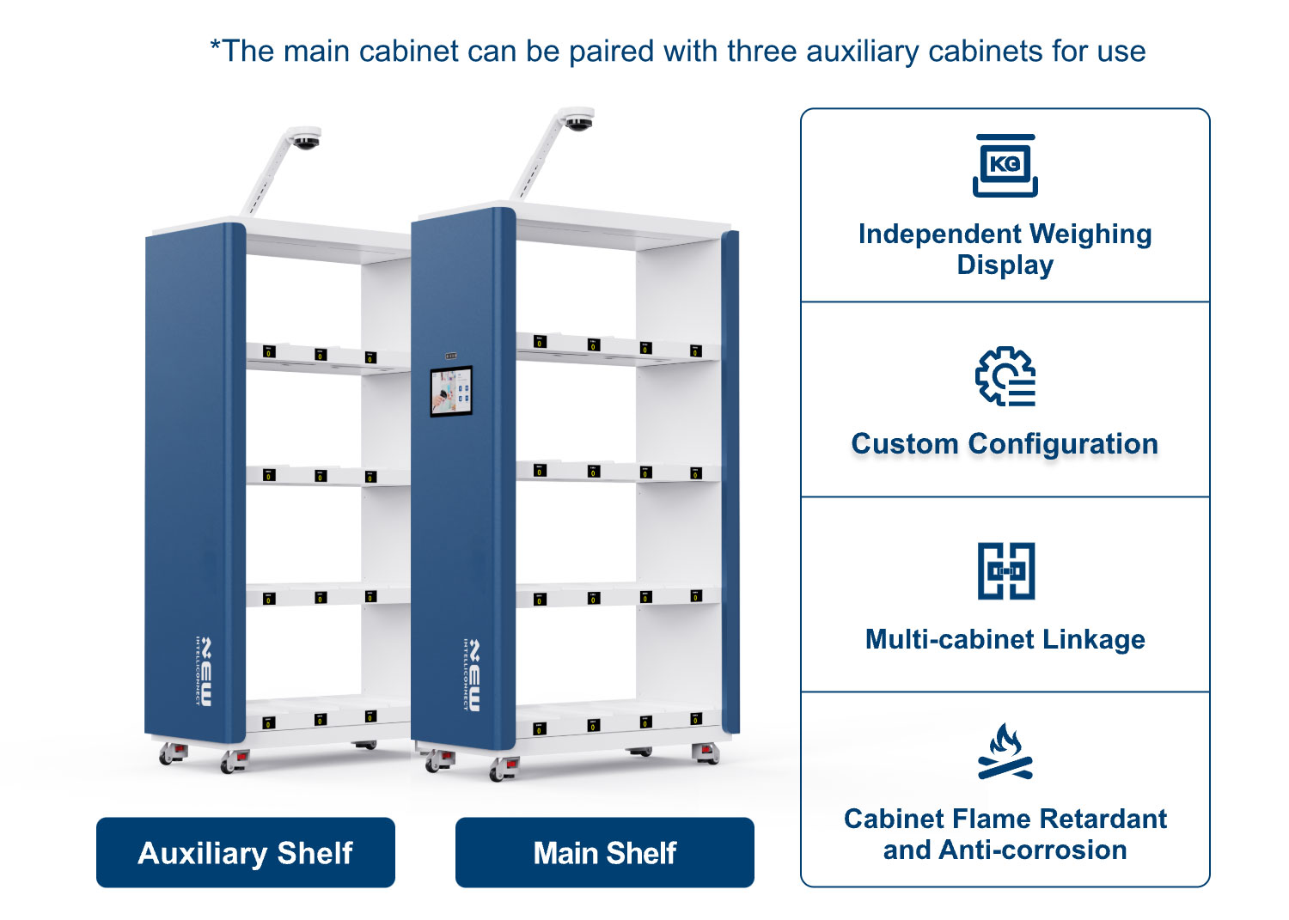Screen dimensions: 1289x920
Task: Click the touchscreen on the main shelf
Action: (452, 391)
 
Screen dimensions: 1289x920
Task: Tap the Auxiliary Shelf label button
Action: (246, 852)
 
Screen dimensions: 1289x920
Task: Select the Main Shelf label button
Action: (605, 852)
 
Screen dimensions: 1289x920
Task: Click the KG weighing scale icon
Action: (1005, 166)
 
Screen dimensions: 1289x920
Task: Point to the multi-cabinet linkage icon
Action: (1006, 570)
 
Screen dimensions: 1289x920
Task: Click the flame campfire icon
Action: (1005, 751)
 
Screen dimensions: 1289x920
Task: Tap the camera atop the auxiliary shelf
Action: (305, 138)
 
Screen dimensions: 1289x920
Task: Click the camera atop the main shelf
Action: (577, 119)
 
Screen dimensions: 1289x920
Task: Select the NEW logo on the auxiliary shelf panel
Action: (204, 672)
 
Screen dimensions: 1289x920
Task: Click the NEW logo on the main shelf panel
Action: (472, 675)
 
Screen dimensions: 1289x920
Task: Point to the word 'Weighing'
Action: (1090, 235)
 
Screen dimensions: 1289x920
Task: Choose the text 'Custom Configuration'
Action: (1005, 443)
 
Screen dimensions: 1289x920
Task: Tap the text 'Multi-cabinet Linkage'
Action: (1005, 639)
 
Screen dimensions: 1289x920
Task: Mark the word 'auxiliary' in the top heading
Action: (863, 52)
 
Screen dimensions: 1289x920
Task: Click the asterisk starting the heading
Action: (215, 45)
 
